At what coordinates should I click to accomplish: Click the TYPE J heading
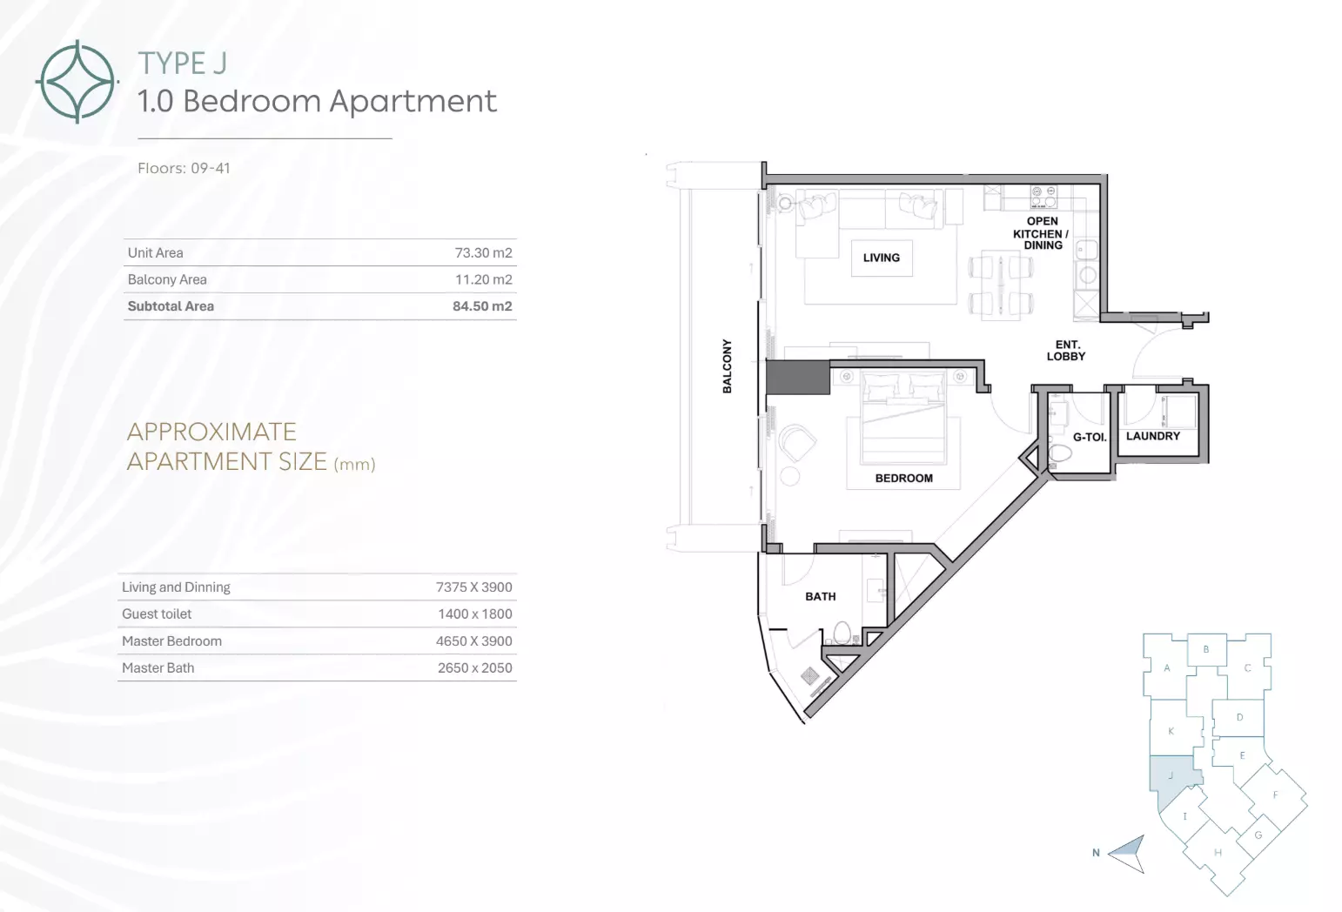tap(183, 63)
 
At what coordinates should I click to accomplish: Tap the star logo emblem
tap(77, 82)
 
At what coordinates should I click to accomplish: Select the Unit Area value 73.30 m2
tap(484, 253)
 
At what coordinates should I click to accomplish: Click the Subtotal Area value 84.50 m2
tap(482, 306)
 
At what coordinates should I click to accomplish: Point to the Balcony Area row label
tap(167, 279)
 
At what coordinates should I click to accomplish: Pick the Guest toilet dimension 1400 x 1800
tap(475, 614)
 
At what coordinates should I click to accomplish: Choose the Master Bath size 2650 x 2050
tap(475, 668)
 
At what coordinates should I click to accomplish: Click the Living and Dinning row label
tap(176, 587)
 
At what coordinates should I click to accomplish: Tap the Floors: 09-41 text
tap(184, 168)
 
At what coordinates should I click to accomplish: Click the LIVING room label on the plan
tap(882, 258)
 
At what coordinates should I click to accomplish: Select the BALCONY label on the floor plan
tap(728, 366)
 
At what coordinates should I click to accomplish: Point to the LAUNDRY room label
tap(1152, 436)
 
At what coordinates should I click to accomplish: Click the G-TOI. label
tap(1089, 438)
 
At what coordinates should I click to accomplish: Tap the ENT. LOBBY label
tap(1066, 351)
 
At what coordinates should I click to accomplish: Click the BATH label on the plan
tap(820, 597)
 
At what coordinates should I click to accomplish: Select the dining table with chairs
tap(1001, 285)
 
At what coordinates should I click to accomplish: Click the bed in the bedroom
tap(904, 418)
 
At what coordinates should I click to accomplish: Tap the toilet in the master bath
tap(842, 633)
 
